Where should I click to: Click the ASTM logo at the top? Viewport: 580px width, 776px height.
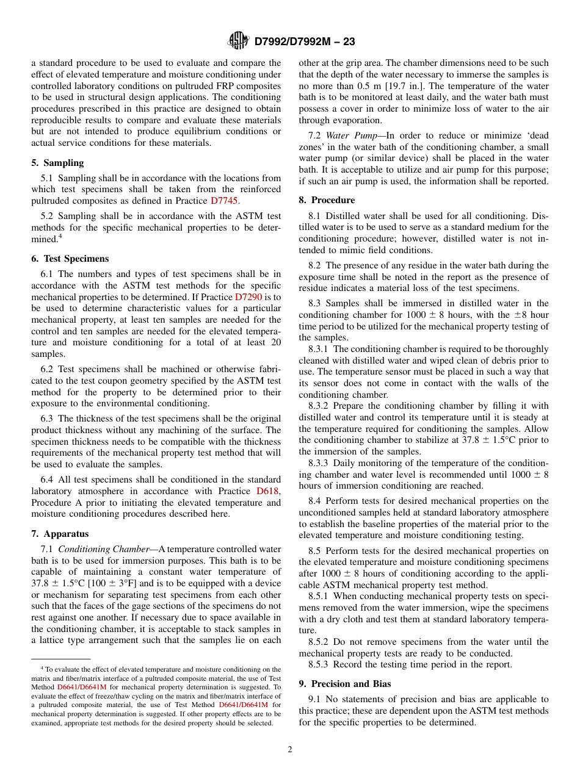pyautogui.click(x=238, y=41)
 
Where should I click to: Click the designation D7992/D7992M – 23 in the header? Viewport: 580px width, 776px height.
pyautogui.click(x=304, y=41)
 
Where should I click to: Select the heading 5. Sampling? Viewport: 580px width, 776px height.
pyautogui.click(x=57, y=163)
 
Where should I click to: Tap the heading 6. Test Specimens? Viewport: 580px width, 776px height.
pyautogui.click(x=70, y=259)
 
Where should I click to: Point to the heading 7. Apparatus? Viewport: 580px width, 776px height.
pyautogui.click(x=60, y=534)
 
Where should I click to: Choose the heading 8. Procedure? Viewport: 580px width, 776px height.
pyautogui.click(x=327, y=200)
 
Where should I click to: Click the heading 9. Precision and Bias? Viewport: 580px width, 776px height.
pyautogui.click(x=345, y=684)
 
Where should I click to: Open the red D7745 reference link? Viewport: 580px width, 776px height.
pyautogui.click(x=225, y=201)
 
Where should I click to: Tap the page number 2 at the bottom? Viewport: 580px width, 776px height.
pyautogui.click(x=290, y=750)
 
